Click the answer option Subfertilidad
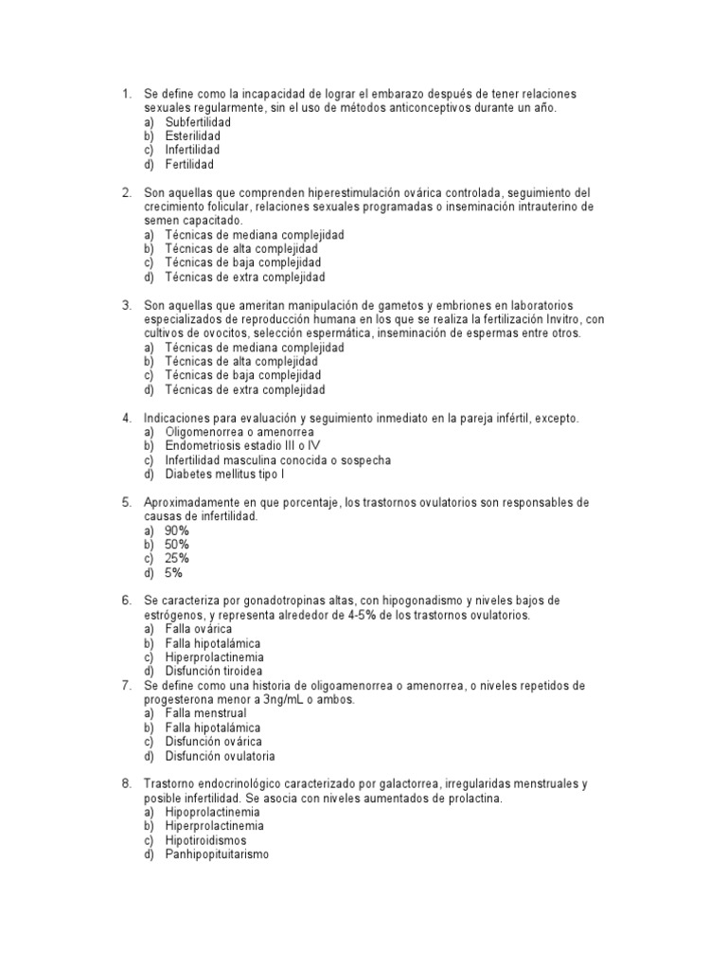[x=197, y=122]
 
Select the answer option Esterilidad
[x=192, y=136]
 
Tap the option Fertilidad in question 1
[x=189, y=164]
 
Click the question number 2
[x=125, y=192]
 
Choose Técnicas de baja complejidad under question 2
[x=242, y=262]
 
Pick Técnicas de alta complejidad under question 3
[x=240, y=361]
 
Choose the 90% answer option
[x=177, y=530]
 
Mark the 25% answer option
[x=177, y=558]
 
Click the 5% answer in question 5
[x=173, y=572]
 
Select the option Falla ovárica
[x=198, y=629]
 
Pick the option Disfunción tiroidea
[x=213, y=671]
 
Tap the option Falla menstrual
[x=205, y=713]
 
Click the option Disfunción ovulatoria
[x=220, y=756]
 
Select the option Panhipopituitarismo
[x=217, y=853]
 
